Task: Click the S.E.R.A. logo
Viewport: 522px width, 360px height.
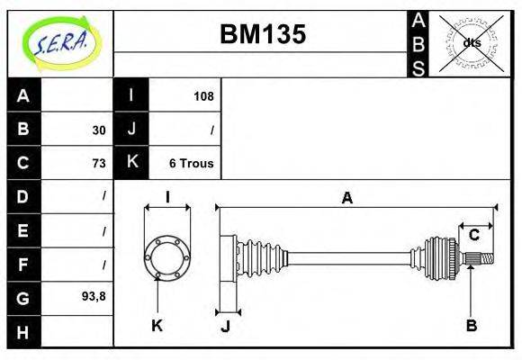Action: [x=58, y=42]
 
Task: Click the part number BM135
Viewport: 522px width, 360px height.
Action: [x=263, y=34]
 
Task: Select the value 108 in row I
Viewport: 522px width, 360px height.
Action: [x=202, y=96]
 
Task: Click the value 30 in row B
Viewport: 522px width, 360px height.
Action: [x=98, y=130]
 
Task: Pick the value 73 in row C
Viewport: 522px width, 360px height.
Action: [x=98, y=164]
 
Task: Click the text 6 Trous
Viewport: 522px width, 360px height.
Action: [x=191, y=164]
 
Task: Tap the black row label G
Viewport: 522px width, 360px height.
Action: [x=23, y=297]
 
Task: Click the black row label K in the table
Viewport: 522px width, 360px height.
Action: [x=131, y=163]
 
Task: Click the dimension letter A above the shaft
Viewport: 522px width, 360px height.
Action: [x=346, y=198]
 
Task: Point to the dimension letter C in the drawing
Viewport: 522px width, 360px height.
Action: [x=473, y=235]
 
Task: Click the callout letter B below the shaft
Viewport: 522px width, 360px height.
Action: [x=471, y=325]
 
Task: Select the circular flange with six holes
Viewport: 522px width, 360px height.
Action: [x=167, y=255]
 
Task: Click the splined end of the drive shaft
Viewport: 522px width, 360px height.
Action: [x=482, y=259]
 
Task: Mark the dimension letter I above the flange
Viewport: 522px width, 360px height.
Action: [x=167, y=197]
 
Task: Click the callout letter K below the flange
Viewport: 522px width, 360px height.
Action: [x=157, y=325]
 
